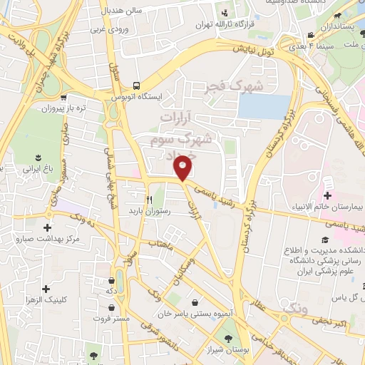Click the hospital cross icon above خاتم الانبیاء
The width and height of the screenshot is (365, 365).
(327, 195)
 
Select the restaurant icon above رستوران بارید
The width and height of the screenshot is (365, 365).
(149, 200)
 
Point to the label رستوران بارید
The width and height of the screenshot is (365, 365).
(147, 212)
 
